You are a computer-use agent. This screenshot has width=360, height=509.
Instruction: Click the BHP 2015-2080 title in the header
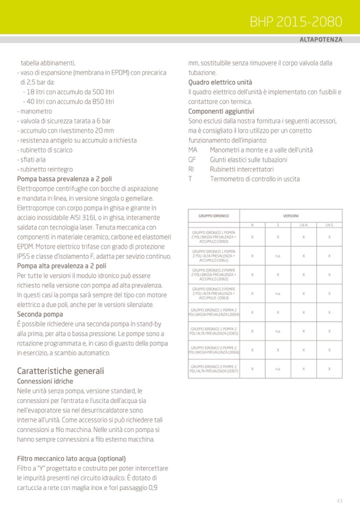(296, 22)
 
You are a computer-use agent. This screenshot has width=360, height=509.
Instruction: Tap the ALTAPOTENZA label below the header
(321, 40)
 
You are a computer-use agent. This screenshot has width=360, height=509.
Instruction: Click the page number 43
(339, 501)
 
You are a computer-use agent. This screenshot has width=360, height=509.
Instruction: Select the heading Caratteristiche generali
(61, 370)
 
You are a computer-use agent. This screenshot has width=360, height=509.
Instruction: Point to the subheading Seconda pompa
(40, 314)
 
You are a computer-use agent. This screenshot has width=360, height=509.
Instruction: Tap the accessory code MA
(193, 150)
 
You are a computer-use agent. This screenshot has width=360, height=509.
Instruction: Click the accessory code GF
(192, 160)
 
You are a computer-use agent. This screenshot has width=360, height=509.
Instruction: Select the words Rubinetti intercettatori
(242, 169)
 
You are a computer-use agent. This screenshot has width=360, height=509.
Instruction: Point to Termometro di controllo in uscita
(254, 179)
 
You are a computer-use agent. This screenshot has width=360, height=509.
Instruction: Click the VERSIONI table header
(290, 216)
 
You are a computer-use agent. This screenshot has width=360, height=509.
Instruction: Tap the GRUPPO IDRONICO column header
(213, 216)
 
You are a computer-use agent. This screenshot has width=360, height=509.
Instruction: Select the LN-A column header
(304, 226)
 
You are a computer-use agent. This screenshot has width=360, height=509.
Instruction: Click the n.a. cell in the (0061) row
(278, 256)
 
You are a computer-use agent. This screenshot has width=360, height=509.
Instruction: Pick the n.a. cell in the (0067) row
(278, 368)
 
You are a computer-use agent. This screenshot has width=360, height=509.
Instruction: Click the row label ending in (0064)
(215, 312)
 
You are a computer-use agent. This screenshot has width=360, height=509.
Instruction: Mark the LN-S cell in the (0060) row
(329, 237)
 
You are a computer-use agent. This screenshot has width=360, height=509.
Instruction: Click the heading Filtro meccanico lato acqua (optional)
(71, 458)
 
